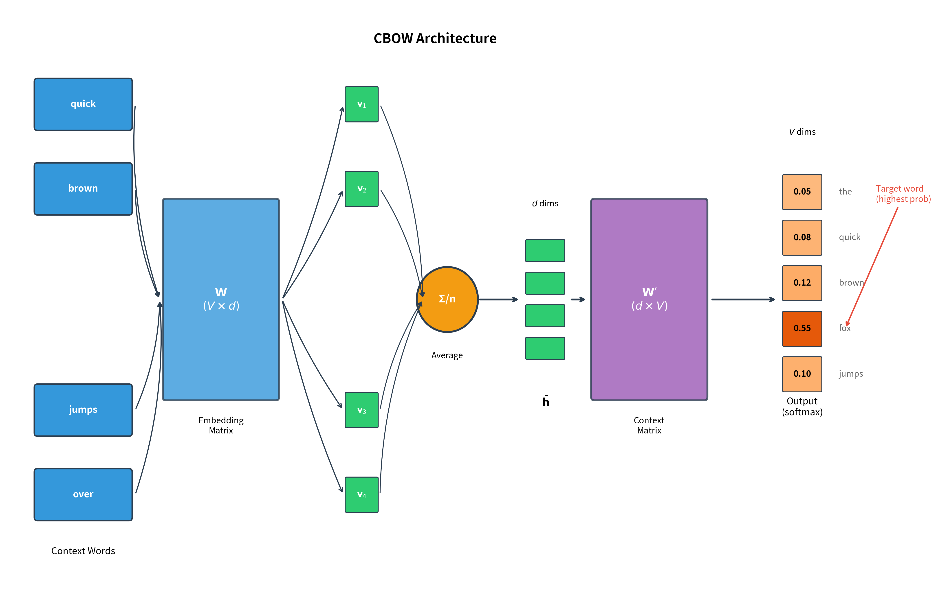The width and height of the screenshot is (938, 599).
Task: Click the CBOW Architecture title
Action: pos(435,38)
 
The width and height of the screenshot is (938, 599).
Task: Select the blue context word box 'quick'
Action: pos(83,104)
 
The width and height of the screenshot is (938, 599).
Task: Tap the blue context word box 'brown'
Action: pos(83,188)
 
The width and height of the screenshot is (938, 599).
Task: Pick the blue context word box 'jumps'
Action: pos(83,410)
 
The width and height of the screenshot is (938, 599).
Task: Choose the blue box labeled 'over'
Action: pos(83,494)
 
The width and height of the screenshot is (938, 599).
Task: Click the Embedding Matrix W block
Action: pos(221,299)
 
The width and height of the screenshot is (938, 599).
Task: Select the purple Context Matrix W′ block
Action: pos(649,299)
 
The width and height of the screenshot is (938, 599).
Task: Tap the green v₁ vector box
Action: pos(361,104)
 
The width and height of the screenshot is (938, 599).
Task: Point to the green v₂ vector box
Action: pos(361,189)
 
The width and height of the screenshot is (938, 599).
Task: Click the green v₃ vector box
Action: pos(361,410)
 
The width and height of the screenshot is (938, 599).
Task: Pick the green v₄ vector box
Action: pos(361,494)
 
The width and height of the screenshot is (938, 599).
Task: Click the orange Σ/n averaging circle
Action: pos(447,299)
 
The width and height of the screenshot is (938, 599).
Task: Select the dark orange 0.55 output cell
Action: pos(802,328)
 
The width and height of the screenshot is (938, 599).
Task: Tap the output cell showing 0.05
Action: pos(802,192)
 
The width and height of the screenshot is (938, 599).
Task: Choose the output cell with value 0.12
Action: pos(802,283)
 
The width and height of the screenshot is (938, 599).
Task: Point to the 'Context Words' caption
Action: pos(83,551)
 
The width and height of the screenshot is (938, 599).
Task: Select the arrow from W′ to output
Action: pos(742,299)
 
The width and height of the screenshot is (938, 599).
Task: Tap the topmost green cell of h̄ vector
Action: pos(545,251)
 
